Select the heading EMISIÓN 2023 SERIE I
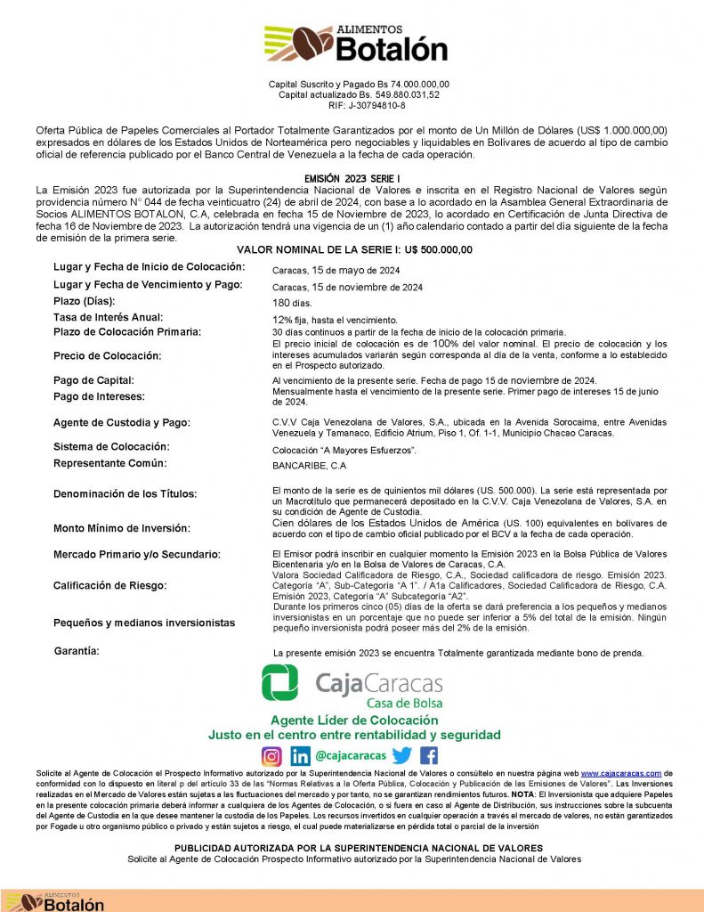352,179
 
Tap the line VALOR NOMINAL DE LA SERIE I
354,249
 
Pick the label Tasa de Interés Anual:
109,317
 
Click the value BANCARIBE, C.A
308,465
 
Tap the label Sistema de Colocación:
111,446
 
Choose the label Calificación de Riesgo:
109,585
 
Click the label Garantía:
77,651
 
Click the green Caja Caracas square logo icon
279,684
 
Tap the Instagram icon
271,756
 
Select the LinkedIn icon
300,756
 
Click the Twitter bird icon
402,755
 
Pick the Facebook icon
429,755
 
